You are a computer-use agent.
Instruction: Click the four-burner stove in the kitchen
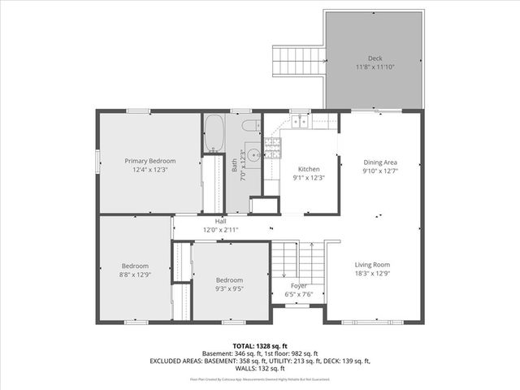[272, 147]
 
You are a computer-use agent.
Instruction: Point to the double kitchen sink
[301, 122]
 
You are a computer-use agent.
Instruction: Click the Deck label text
[375, 58]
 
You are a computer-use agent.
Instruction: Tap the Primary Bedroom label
[149, 161]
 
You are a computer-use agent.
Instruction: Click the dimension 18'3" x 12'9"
[371, 274]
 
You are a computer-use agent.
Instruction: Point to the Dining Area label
[379, 162]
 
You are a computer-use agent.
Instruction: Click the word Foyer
[299, 286]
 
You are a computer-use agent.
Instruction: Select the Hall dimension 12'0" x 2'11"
[220, 230]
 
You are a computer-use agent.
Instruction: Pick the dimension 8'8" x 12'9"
[135, 275]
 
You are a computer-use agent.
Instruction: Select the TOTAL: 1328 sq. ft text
[260, 345]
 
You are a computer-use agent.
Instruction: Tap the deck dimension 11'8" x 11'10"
[375, 67]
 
